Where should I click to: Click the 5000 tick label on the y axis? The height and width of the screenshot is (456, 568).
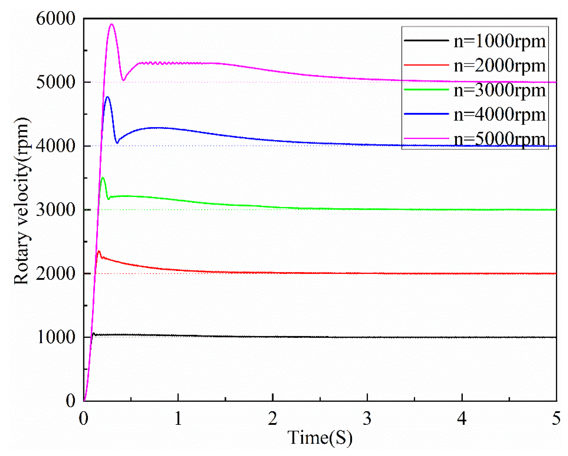pos(56,82)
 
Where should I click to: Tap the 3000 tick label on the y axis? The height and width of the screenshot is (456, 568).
pos(56,210)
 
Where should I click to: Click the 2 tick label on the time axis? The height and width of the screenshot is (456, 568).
pos(273,419)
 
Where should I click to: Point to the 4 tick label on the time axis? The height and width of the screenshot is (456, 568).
pos(461,419)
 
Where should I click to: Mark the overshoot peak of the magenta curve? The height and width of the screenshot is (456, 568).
pos(112,24)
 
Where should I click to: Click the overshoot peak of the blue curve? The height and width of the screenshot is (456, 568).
pos(108,97)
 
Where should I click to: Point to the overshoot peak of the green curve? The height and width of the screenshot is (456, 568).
pos(102,178)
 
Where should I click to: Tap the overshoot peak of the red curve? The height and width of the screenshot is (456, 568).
pos(99,251)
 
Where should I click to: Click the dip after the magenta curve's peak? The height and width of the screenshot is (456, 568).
pos(123,80)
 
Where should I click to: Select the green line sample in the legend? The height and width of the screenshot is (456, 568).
pos(426,89)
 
